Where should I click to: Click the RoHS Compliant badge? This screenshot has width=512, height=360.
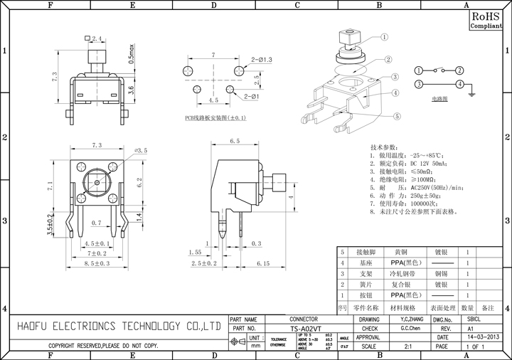pyautogui.click(x=486, y=19)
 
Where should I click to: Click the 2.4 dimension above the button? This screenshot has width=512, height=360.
pyautogui.click(x=97, y=38)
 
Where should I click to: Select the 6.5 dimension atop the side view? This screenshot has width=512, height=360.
pyautogui.click(x=235, y=142)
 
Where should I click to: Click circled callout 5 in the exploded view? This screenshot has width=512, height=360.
pyautogui.click(x=396, y=116)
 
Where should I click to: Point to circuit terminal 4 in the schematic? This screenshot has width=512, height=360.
pyautogui.click(x=461, y=84)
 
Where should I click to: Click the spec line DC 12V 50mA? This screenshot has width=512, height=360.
pyautogui.click(x=413, y=163)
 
